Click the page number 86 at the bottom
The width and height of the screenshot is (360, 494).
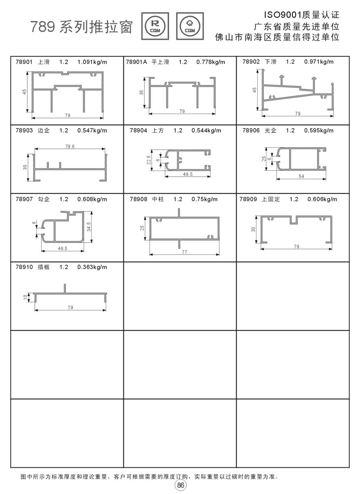(180, 485)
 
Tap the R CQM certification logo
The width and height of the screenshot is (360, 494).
(155, 26)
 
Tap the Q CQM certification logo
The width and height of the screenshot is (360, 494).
(190, 26)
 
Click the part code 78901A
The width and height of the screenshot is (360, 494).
(136, 62)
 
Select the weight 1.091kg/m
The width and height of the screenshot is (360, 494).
(92, 62)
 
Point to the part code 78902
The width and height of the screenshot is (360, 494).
(251, 62)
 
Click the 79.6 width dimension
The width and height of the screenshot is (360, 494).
(70, 147)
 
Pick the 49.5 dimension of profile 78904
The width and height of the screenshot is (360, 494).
(188, 174)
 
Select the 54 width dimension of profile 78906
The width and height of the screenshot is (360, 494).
(302, 176)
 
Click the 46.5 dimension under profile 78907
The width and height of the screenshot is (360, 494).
(62, 249)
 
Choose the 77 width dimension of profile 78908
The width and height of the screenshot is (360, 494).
(184, 252)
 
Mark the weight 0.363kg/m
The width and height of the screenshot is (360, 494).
(92, 267)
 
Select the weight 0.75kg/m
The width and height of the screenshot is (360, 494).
(204, 199)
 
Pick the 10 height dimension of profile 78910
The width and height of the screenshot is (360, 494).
(25, 297)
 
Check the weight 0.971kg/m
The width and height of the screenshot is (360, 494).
(319, 62)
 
